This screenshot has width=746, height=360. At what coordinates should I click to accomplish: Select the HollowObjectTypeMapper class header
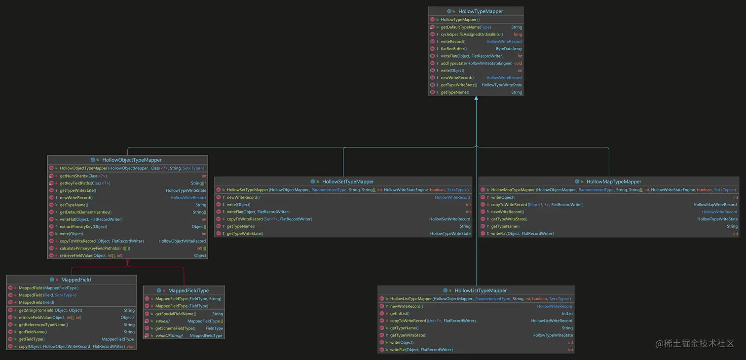pyautogui.click(x=132, y=160)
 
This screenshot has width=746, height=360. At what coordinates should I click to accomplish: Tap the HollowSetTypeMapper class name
pyautogui.click(x=348, y=181)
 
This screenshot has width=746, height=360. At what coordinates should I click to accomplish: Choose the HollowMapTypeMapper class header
pyautogui.click(x=613, y=181)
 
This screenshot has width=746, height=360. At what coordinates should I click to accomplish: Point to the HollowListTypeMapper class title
pyautogui.click(x=480, y=290)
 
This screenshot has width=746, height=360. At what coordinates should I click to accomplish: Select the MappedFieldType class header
pyautogui.click(x=188, y=290)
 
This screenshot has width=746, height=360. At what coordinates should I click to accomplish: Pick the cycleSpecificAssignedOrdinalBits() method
pyautogui.click(x=472, y=35)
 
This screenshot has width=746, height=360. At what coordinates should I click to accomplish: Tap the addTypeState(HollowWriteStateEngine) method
pyautogui.click(x=476, y=63)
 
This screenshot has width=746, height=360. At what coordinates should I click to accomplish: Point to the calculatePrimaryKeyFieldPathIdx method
pyautogui.click(x=95, y=249)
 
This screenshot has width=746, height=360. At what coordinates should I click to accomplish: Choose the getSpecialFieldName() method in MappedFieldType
pyautogui.click(x=175, y=314)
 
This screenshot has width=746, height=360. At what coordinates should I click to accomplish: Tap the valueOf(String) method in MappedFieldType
pyautogui.click(x=169, y=335)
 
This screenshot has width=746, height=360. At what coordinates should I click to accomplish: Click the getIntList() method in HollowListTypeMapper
pyautogui.click(x=399, y=314)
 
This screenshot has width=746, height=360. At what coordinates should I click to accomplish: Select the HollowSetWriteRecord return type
pyautogui.click(x=449, y=219)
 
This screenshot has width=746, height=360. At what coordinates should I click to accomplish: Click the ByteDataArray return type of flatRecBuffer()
pyautogui.click(x=509, y=49)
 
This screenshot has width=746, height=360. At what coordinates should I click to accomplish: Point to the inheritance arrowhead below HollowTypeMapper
pyautogui.click(x=476, y=99)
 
